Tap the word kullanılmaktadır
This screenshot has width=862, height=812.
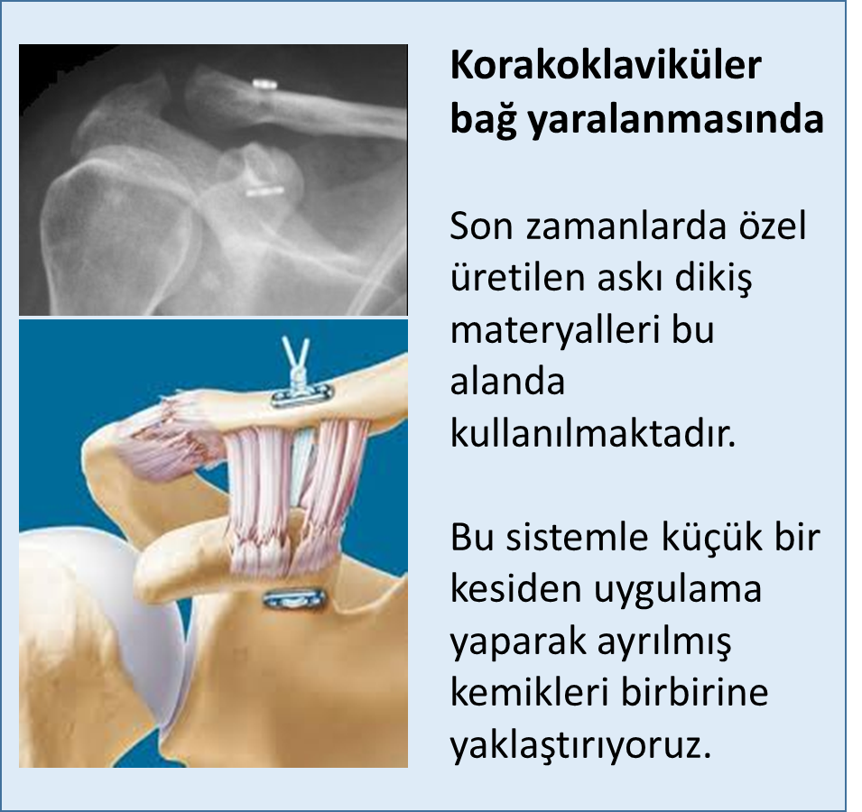(x=593, y=434)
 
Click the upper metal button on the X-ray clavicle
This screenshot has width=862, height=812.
(x=264, y=85)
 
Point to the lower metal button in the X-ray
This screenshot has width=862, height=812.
(x=264, y=192)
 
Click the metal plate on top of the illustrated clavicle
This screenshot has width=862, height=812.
(x=301, y=395)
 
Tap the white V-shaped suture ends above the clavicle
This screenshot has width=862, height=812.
(x=296, y=356)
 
